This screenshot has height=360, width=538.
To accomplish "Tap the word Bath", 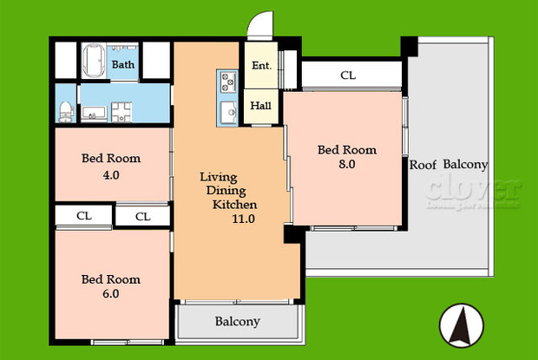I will tap(123, 65).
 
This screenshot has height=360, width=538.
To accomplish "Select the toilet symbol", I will tap(66, 109).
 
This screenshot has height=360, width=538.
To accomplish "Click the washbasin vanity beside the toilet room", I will tap(94, 112).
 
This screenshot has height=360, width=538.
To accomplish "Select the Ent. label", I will tap(261, 66).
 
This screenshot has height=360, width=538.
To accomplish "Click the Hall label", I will tap(261, 106).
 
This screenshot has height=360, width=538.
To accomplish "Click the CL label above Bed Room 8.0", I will tap(348, 75).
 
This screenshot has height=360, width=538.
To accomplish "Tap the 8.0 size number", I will tap(346, 164).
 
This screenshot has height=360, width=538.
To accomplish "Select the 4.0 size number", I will tap(110, 174).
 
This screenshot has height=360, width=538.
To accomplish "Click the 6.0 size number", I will tap(110, 293).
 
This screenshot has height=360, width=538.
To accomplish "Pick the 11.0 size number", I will tap(243, 219).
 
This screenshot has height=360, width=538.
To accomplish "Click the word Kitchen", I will tap(235, 205).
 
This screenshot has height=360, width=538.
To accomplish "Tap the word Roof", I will tap(423, 164).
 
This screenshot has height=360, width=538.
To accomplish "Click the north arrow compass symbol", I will tap(460, 325).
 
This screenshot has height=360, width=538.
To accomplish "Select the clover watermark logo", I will tap(472, 193).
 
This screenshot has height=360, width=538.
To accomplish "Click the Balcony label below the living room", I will tap(237, 322).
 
